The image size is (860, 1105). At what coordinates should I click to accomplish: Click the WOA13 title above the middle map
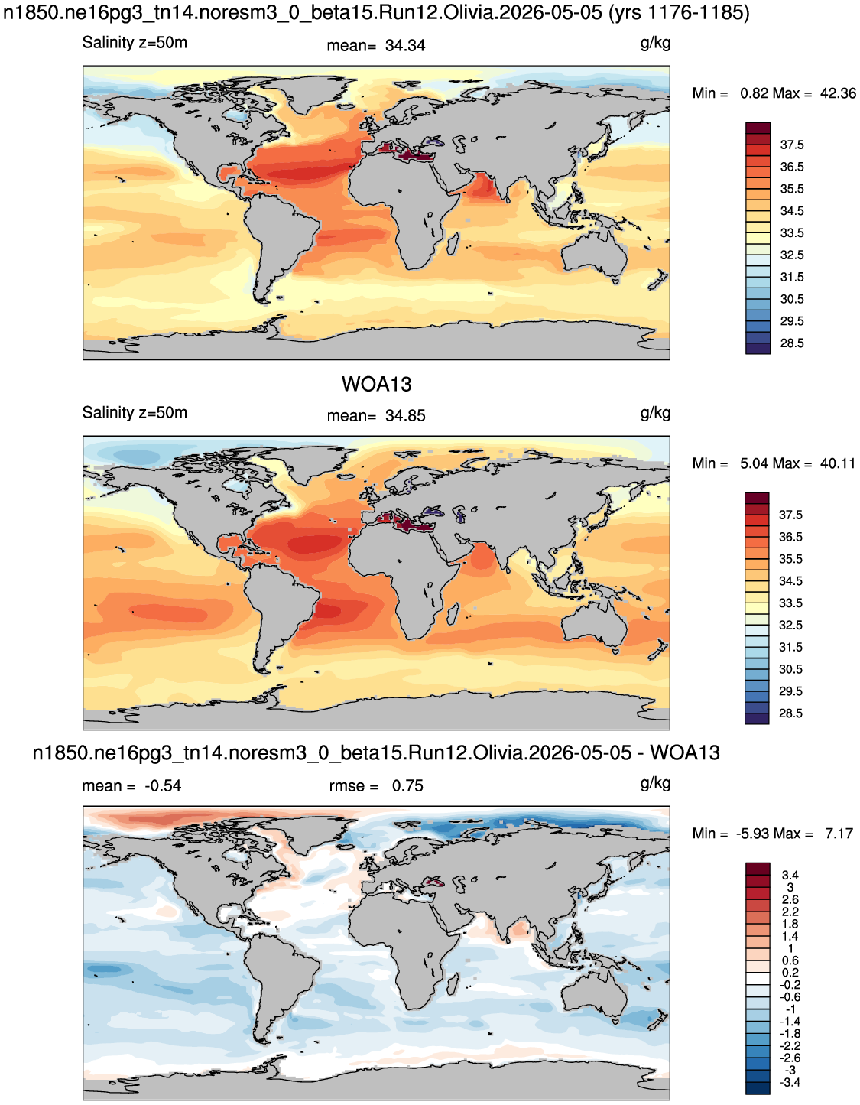point(376,385)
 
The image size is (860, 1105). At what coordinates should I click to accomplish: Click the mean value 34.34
point(405,46)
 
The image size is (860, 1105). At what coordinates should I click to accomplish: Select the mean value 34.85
point(405,416)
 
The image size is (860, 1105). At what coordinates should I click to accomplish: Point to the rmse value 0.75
point(407,786)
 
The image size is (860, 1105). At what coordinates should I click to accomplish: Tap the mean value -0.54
point(163,786)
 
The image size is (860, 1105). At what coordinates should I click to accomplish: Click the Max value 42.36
point(838,93)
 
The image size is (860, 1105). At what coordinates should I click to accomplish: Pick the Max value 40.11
point(838,463)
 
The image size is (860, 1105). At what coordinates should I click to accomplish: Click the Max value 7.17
point(838,834)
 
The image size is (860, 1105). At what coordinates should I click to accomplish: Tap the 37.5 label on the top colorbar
point(792,145)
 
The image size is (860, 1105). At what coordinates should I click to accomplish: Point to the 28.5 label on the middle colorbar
point(791,713)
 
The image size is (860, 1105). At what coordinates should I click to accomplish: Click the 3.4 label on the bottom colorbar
point(790,875)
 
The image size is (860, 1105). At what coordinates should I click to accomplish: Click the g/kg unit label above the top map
point(655,44)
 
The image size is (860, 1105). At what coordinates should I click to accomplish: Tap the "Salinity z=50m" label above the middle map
point(135,412)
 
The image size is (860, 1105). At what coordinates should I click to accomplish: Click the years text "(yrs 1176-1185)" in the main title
point(679,12)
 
